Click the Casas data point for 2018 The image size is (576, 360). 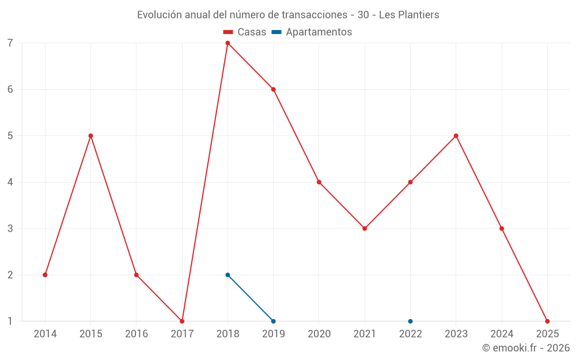pos(228,43)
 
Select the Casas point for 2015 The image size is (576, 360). pos(90,136)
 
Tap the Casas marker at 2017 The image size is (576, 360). pos(182,321)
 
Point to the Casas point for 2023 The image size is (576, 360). pos(456,136)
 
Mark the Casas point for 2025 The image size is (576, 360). pos(547,321)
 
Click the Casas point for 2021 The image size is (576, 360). pos(365,229)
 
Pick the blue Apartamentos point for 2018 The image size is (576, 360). pos(228,275)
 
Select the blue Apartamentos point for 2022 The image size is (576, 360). pos(410,321)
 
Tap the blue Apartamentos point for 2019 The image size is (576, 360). pos(273,321)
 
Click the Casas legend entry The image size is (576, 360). pos(245,32)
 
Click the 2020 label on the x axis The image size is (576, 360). pos(319,334)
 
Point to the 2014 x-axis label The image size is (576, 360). pos(45,334)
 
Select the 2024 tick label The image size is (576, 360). pos(502,334)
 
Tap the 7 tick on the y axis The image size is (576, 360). pos(10,43)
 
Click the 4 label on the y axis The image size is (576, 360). pos(10,182)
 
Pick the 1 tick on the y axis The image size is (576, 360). pos(10,321)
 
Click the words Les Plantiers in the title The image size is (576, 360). pos(409,15)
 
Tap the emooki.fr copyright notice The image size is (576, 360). pos(526,348)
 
